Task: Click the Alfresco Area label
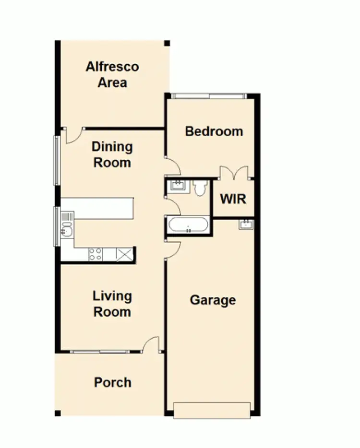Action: pos(112,74)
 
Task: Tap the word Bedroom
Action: pos(214,131)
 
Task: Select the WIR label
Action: pos(233,199)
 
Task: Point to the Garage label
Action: pos(213,300)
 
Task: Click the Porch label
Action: pos(112,382)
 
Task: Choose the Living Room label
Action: pos(112,304)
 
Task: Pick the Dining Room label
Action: pos(112,154)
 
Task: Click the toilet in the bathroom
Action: pos(200,187)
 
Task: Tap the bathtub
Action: pos(188,225)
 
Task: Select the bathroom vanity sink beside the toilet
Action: pos(178,185)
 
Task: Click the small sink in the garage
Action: pos(246,224)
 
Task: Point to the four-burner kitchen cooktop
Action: pos(95,254)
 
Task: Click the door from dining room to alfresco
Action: pos(73,135)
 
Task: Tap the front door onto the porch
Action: pos(151,344)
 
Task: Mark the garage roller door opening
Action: pos(212,411)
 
